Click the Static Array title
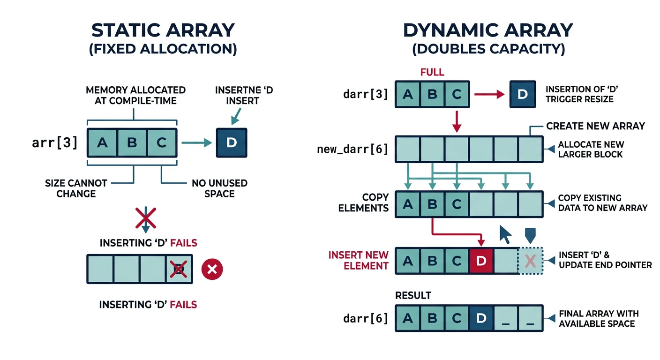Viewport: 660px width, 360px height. click(x=163, y=30)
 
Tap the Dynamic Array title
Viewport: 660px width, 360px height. click(x=488, y=30)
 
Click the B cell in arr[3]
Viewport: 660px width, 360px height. click(x=132, y=143)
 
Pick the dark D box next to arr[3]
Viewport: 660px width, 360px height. click(x=231, y=142)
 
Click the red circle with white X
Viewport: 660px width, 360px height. click(x=212, y=269)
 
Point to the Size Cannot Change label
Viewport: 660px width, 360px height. click(x=76, y=188)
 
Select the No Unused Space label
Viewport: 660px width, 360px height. click(x=219, y=188)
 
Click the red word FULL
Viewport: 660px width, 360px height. click(x=432, y=73)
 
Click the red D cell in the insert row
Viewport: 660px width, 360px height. click(x=481, y=261)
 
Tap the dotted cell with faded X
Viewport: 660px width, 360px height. click(x=530, y=261)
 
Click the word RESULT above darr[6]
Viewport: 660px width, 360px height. click(x=413, y=296)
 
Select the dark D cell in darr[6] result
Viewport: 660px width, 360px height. click(x=481, y=318)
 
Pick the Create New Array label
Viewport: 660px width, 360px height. click(x=595, y=126)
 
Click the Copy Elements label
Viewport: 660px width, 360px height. click(x=363, y=202)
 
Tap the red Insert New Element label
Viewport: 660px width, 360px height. click(x=358, y=260)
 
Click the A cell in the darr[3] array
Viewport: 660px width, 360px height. click(x=408, y=94)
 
